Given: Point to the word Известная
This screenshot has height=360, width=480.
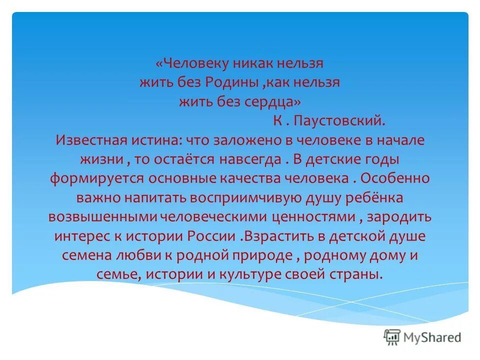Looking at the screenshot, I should pyautogui.click(x=89, y=140).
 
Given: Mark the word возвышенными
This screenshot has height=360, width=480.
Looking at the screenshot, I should pyautogui.click(x=102, y=217).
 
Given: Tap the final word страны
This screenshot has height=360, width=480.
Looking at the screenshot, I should pyautogui.click(x=359, y=274).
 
